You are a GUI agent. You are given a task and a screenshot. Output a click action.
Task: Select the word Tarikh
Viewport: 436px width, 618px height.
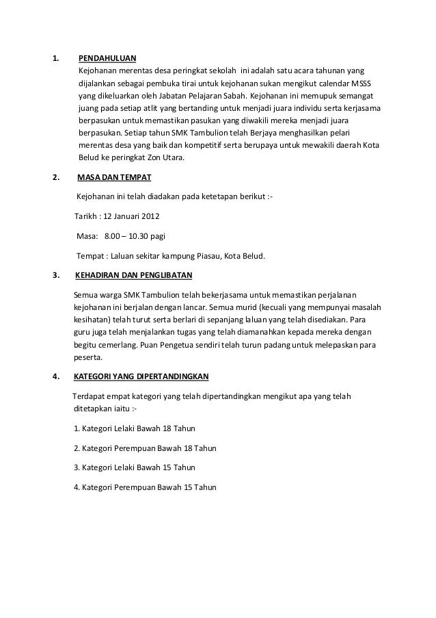(85, 218)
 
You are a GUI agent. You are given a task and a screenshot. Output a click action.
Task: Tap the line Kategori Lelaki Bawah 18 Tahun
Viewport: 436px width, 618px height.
(134, 429)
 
